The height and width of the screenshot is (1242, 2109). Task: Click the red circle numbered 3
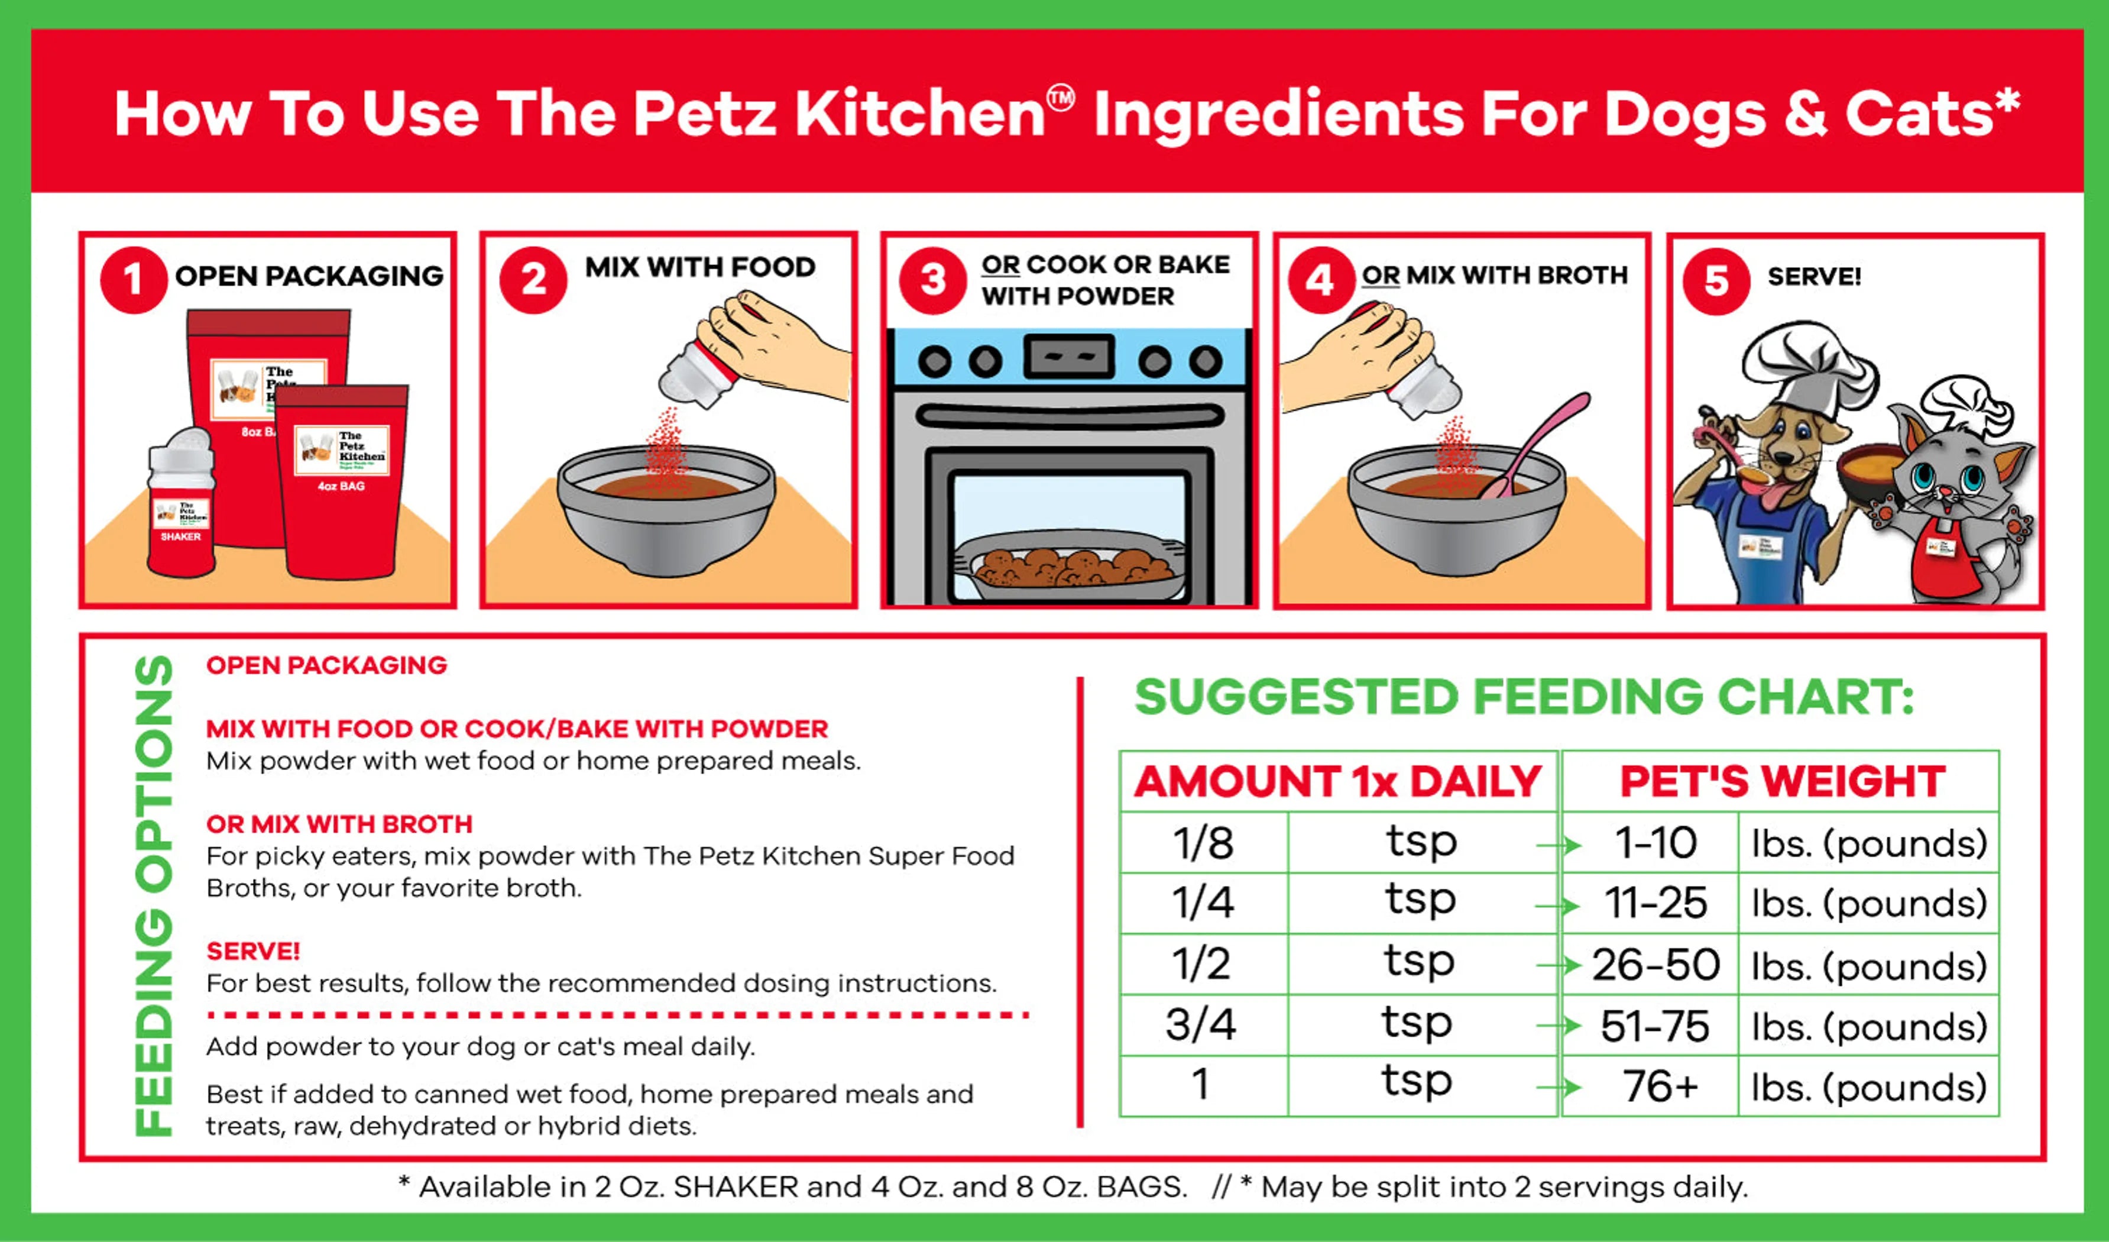click(932, 280)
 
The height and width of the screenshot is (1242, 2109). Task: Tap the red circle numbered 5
click(1716, 281)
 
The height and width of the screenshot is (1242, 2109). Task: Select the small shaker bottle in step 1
click(181, 506)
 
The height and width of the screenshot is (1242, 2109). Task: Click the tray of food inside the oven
click(1071, 569)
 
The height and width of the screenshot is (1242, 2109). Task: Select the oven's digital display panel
click(1069, 357)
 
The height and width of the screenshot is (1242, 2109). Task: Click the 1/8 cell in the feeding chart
click(1203, 843)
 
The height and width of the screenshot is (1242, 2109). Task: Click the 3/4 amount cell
click(1201, 1024)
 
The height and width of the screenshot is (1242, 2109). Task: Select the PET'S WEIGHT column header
click(1781, 782)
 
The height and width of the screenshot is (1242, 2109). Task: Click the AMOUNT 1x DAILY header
click(1337, 782)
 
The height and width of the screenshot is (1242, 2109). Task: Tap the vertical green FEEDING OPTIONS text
click(154, 895)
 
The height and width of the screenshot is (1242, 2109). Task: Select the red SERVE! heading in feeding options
click(252, 952)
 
